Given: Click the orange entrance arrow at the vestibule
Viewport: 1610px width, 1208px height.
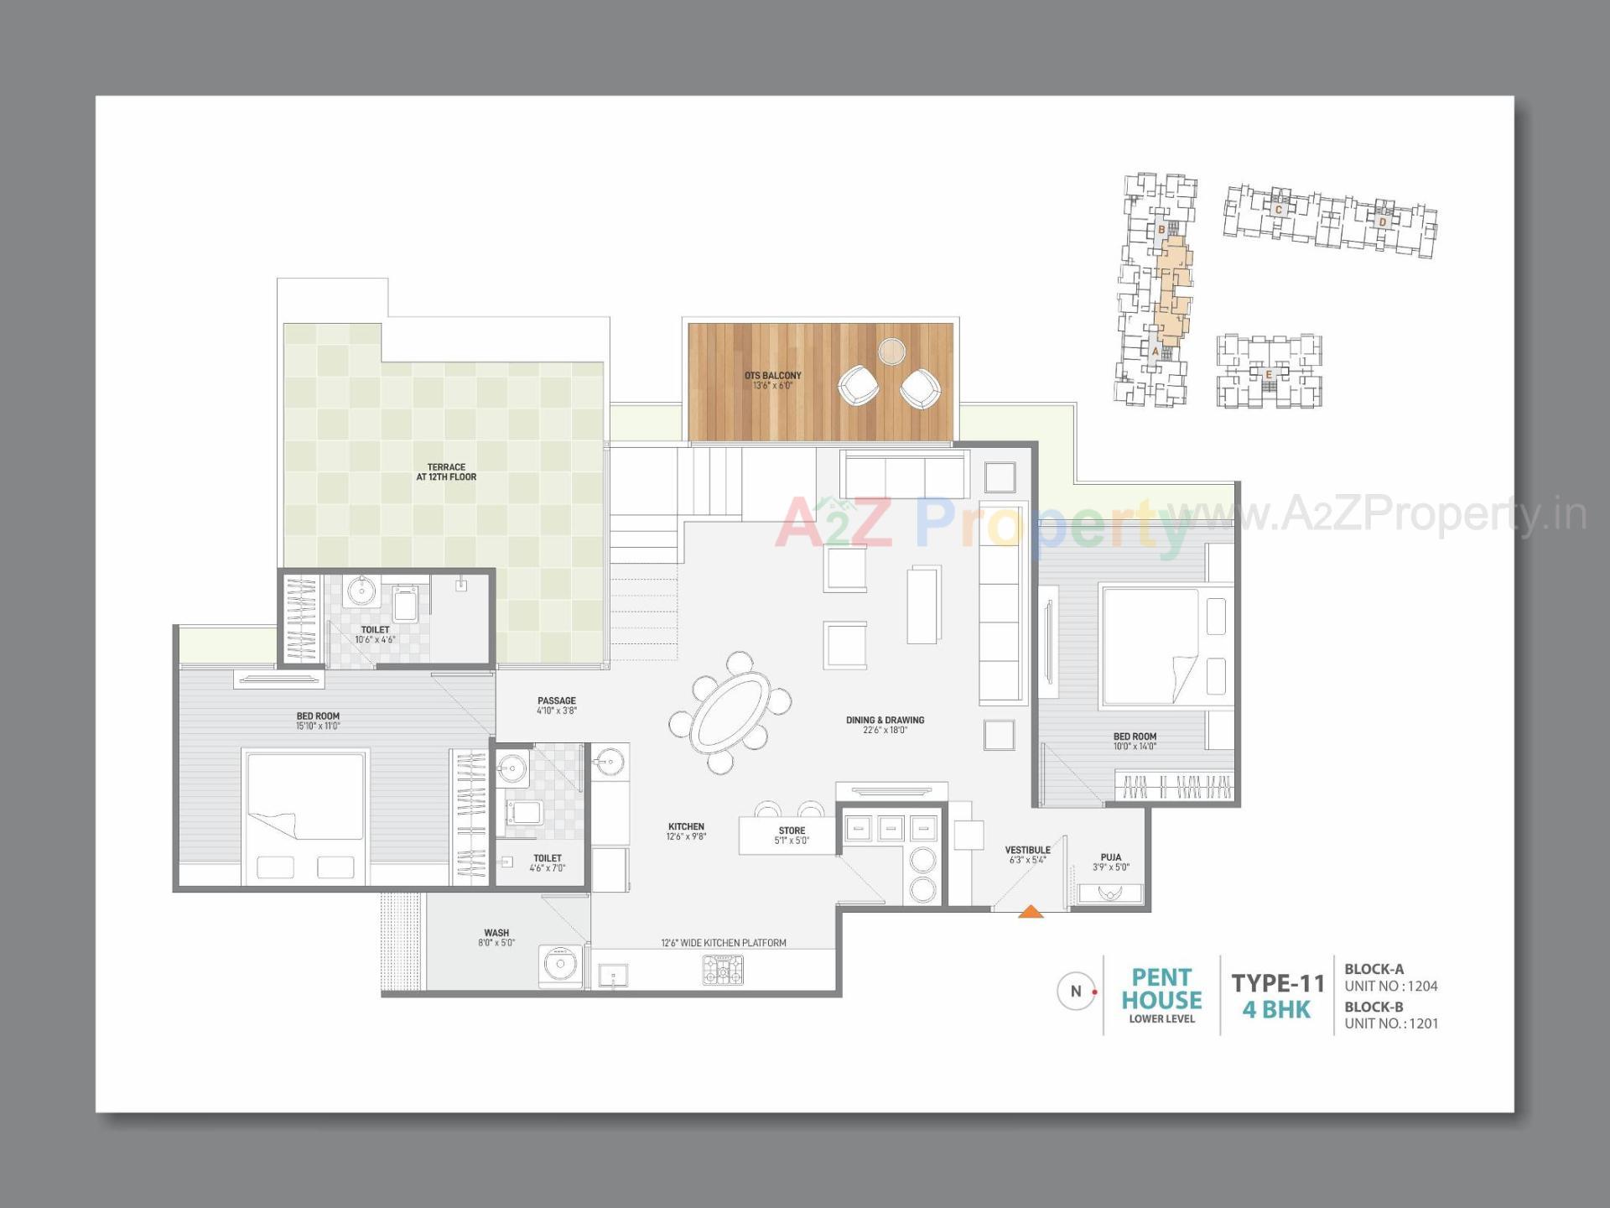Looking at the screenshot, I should click(x=1031, y=912).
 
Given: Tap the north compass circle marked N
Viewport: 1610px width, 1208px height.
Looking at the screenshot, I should click(x=1076, y=991).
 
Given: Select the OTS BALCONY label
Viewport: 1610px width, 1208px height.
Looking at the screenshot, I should click(x=772, y=376).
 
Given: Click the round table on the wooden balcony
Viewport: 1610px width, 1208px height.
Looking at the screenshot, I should click(x=891, y=351).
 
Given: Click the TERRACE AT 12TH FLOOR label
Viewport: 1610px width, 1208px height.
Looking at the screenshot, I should click(x=446, y=472).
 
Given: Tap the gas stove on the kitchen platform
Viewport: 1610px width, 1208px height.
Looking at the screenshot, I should click(x=722, y=971).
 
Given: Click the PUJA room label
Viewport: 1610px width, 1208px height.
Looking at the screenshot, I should click(x=1111, y=857).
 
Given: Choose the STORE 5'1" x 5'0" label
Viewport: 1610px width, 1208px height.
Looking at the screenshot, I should click(x=792, y=836).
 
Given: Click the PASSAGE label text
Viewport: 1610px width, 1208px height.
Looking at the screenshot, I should click(x=557, y=700).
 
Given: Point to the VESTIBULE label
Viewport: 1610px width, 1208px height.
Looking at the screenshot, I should click(x=1027, y=850).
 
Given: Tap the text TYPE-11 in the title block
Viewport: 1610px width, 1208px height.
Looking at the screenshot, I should click(x=1277, y=983).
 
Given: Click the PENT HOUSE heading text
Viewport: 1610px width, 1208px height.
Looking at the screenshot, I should click(x=1161, y=989).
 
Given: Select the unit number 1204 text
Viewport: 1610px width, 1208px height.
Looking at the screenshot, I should click(x=1423, y=987).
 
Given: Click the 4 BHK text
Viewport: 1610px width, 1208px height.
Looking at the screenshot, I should click(x=1275, y=1010).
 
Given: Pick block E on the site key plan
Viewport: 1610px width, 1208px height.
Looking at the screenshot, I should click(x=1268, y=374).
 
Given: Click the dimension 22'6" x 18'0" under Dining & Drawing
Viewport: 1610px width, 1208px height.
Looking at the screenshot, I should click(x=885, y=731).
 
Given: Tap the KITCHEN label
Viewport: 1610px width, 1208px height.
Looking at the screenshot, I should click(x=686, y=826).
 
